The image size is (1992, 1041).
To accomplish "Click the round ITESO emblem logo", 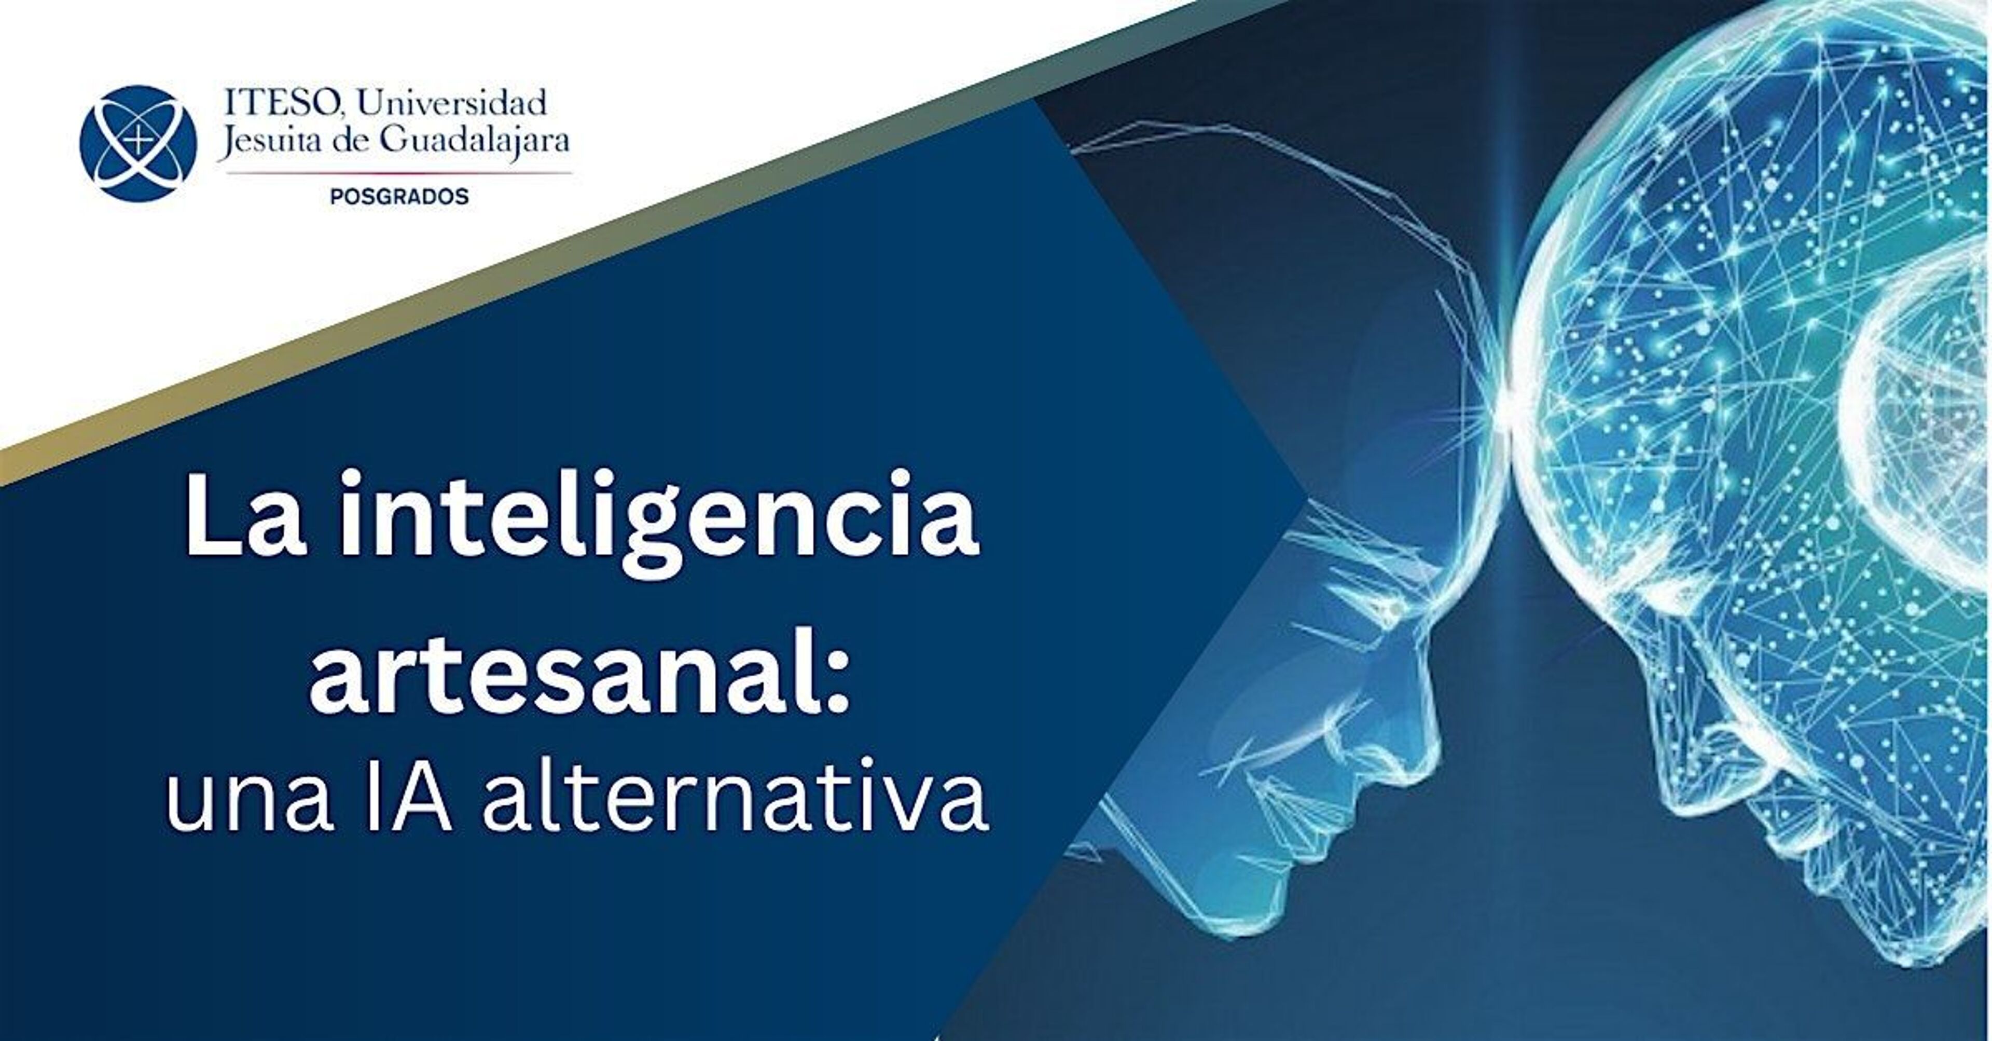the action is pyautogui.click(x=139, y=144).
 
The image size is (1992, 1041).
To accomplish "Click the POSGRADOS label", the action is pyautogui.click(x=399, y=197).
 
